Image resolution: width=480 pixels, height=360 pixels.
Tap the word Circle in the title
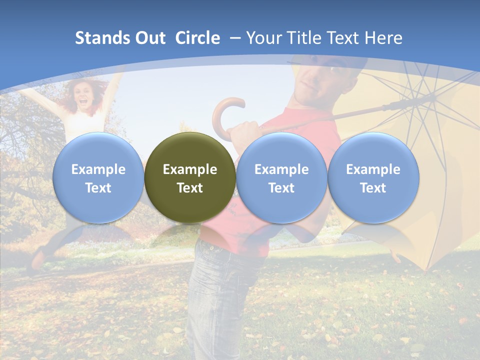tap(197, 38)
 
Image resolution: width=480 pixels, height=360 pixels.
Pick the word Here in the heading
tap(383, 38)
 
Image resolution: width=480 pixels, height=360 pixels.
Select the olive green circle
tap(190, 177)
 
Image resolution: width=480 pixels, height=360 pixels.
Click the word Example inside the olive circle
tap(190, 169)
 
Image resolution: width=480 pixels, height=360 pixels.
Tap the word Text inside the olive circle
tap(190, 188)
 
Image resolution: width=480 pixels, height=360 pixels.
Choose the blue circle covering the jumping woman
tap(98, 177)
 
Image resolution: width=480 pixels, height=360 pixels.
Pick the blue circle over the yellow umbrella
tap(373, 177)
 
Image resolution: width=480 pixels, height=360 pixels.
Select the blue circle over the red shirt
tap(281, 177)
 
